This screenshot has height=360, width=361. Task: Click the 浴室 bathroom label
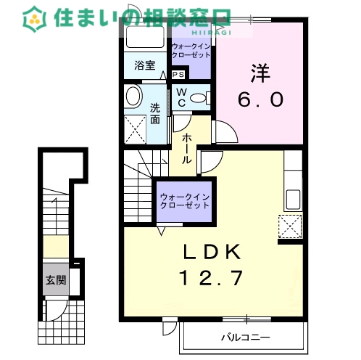(144, 65)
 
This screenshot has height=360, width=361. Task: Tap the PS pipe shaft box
(179, 74)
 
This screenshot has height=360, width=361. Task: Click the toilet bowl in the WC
(201, 98)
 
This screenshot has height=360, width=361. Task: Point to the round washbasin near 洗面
(133, 97)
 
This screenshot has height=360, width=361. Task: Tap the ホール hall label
(186, 147)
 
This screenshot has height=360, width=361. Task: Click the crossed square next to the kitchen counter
(291, 226)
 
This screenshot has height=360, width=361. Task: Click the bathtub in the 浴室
(146, 38)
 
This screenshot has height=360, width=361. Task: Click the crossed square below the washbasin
(135, 128)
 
